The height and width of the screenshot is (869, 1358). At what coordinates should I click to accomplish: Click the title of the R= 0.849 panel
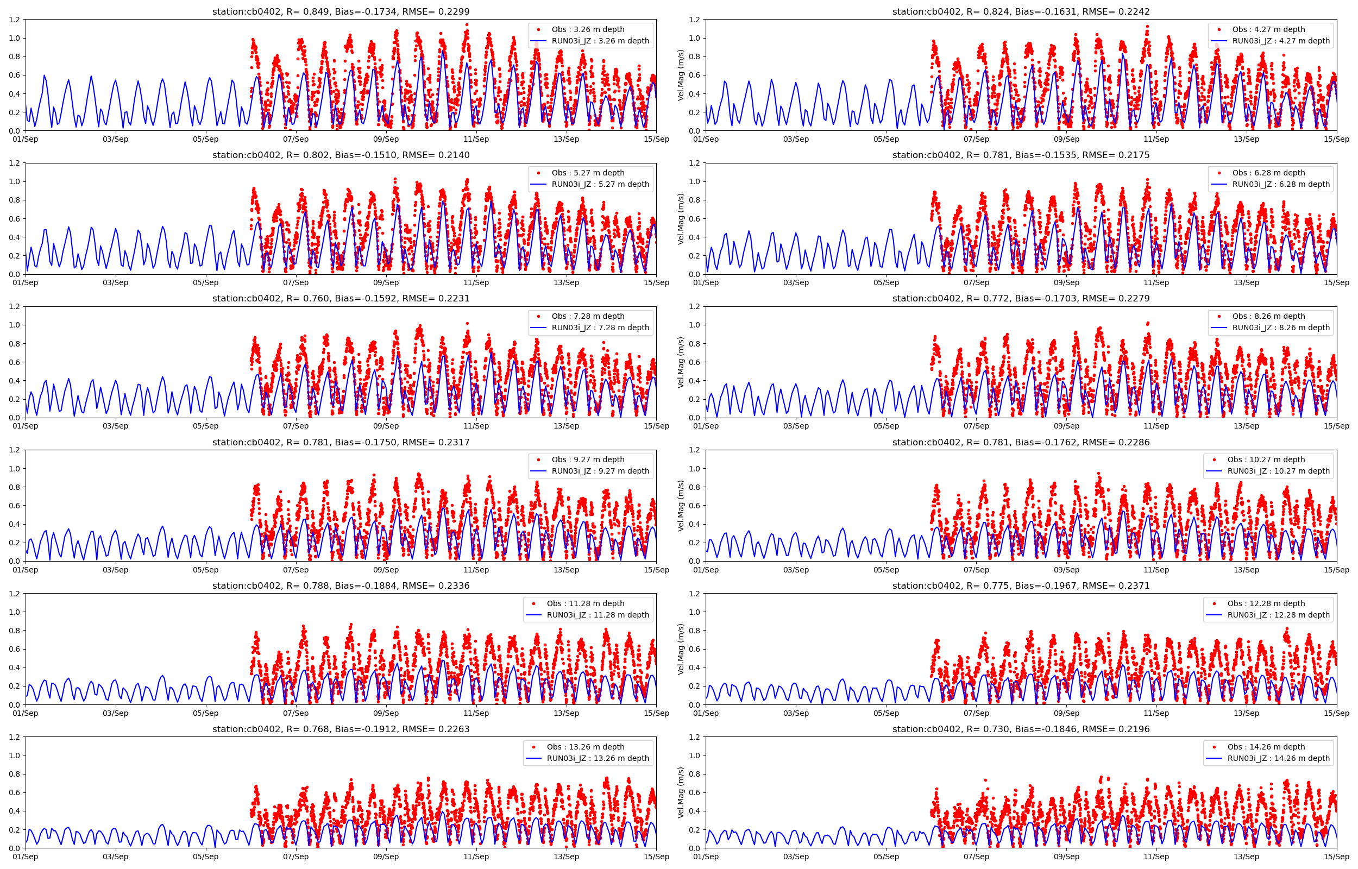click(341, 12)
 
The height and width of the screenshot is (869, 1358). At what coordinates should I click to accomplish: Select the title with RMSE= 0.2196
click(1021, 729)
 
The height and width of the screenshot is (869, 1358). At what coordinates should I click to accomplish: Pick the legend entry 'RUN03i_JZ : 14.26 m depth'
click(1279, 758)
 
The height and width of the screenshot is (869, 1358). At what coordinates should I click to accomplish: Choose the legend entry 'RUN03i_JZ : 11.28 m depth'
click(598, 615)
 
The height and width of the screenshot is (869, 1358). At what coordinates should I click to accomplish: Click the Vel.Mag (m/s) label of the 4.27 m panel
click(681, 75)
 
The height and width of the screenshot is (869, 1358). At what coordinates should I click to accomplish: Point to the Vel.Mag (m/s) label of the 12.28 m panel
click(681, 649)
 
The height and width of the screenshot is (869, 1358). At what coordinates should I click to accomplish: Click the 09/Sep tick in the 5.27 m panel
click(386, 283)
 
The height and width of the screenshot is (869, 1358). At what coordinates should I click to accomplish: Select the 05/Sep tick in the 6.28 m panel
click(886, 283)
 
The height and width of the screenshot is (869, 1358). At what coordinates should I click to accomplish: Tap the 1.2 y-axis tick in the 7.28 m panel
click(15, 306)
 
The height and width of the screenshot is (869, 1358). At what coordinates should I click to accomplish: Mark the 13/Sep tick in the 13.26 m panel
click(566, 857)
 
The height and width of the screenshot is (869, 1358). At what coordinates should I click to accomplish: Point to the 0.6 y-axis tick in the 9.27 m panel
click(15, 506)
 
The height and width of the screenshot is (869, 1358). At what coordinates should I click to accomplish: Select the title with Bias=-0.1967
click(1021, 585)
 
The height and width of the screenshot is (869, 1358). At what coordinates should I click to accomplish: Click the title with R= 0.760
click(341, 299)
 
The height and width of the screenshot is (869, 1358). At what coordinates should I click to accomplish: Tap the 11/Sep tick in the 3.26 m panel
click(476, 140)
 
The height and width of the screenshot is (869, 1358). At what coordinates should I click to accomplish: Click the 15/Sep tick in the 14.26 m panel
click(1337, 857)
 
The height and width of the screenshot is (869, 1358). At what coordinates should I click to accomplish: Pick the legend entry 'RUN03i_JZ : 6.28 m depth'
click(1281, 184)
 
